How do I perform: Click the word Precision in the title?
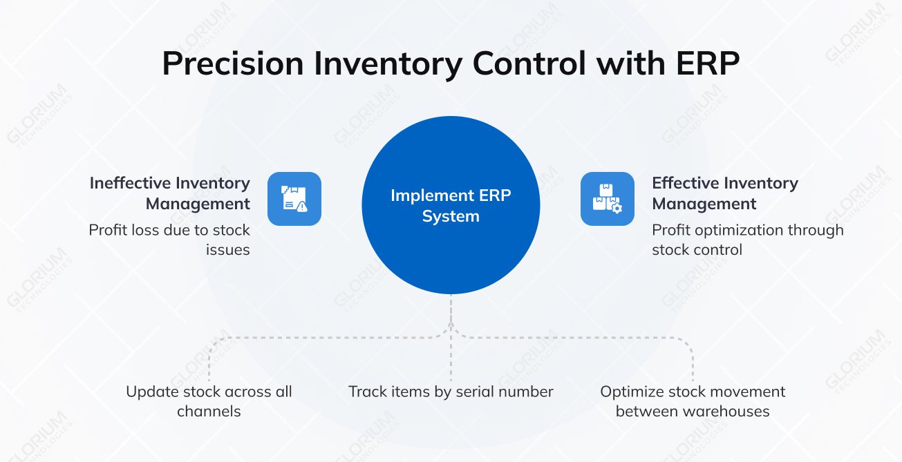pyautogui.click(x=232, y=64)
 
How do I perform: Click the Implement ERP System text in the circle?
pyautogui.click(x=451, y=206)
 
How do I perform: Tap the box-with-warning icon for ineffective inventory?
pyautogui.click(x=294, y=198)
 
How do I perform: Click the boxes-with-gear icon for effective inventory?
pyautogui.click(x=607, y=198)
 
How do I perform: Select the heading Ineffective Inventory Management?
pyautogui.click(x=170, y=193)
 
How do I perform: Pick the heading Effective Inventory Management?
pyautogui.click(x=724, y=193)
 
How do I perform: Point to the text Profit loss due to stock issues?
pyautogui.click(x=170, y=240)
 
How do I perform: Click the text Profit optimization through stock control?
pyautogui.click(x=747, y=240)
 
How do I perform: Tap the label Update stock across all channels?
pyautogui.click(x=209, y=401)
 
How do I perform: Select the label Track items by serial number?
pyautogui.click(x=451, y=392)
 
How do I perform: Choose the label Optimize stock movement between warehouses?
pyautogui.click(x=693, y=401)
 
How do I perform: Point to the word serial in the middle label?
pyautogui.click(x=484, y=392)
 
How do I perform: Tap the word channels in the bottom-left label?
pyautogui.click(x=209, y=412)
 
